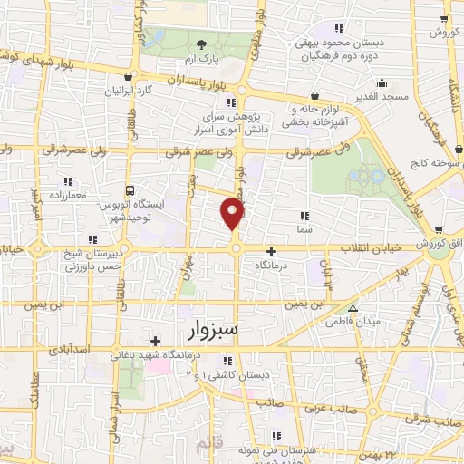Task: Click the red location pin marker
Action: pos(234,214)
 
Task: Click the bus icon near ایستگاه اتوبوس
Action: pos(130,191)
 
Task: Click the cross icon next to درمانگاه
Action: pos(270,250)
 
